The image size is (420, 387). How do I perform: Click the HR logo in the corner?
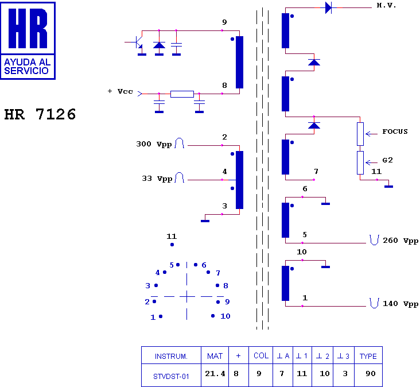pos(28,40)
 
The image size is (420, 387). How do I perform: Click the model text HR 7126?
pos(40,114)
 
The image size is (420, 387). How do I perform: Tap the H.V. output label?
pos(386,5)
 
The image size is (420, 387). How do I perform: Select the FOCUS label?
pos(395,131)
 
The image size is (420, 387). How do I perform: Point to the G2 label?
pos(387,160)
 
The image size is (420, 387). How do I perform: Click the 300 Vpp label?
pos(154,144)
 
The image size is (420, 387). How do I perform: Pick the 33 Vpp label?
pos(157,179)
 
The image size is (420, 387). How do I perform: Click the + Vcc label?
pos(120,91)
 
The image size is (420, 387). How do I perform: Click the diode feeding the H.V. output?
pos(329,7)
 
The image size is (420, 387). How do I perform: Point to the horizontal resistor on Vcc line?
pos(182,94)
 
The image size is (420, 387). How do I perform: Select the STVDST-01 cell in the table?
pos(171,376)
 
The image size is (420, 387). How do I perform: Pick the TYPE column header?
pos(368,356)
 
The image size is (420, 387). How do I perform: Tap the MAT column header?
pos(215,356)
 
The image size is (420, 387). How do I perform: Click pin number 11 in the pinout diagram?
pos(172,237)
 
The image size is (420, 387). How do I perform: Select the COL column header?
pos(261,356)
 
